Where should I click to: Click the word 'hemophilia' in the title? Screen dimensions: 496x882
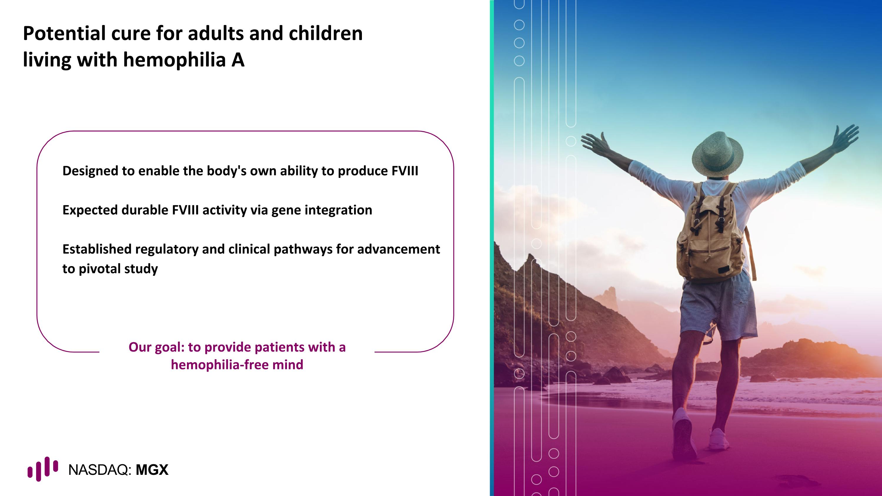(x=174, y=60)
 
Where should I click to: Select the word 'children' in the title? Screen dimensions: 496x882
(x=325, y=34)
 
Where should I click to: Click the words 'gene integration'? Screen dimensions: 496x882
(x=322, y=210)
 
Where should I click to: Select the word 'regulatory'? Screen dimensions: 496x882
(x=166, y=249)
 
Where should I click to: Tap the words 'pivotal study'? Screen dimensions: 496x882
(x=118, y=269)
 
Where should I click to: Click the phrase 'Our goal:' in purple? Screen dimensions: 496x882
(x=156, y=347)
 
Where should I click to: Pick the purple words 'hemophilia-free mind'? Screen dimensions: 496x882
(x=237, y=365)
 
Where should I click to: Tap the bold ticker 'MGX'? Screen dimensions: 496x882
(x=152, y=470)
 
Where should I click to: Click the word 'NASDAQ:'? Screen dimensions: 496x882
(x=100, y=470)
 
